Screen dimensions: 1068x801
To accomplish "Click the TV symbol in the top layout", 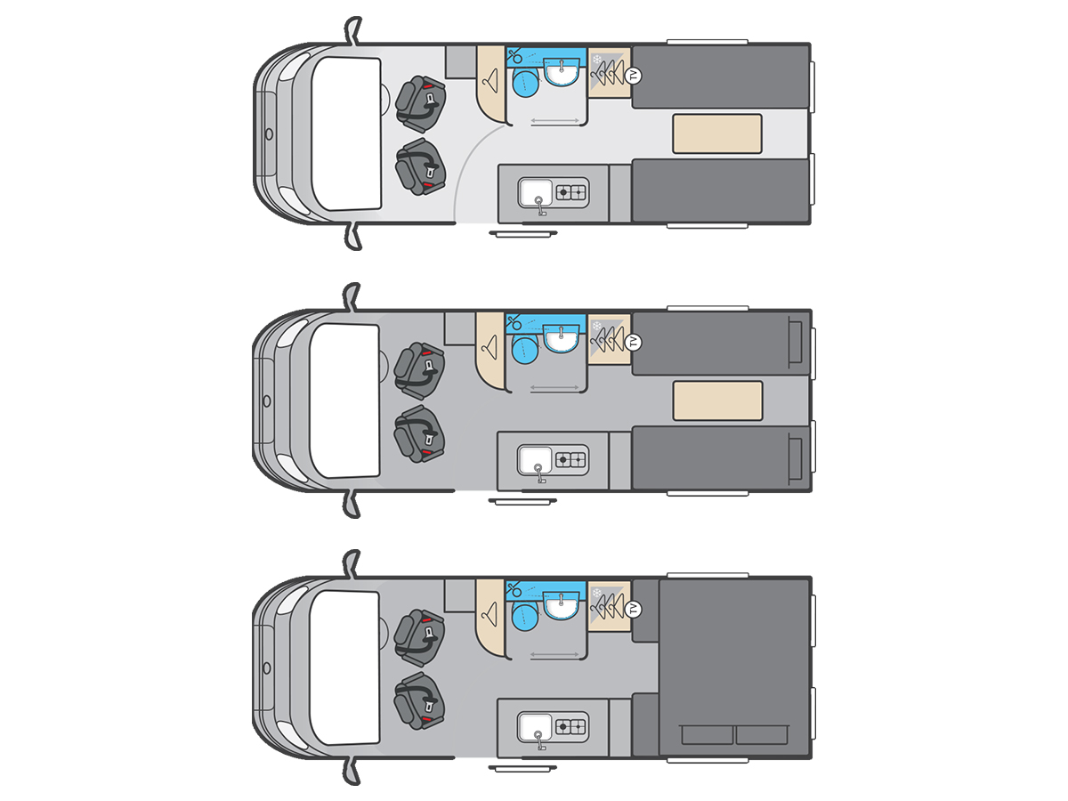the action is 633,76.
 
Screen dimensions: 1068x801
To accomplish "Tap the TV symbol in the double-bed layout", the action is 633,609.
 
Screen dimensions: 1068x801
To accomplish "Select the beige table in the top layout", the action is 717,133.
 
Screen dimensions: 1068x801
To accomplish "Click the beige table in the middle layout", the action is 717,400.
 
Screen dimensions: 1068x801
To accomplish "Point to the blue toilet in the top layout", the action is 526,83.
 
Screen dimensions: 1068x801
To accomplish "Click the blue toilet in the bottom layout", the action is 525,617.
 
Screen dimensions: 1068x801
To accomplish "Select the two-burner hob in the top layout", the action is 570,192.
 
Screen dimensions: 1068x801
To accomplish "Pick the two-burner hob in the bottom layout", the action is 570,727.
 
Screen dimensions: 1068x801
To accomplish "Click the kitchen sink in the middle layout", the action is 535,460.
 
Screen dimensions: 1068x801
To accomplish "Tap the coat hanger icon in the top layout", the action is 492,81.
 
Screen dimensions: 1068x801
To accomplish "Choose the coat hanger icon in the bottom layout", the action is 490,614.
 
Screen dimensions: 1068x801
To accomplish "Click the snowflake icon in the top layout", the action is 597,60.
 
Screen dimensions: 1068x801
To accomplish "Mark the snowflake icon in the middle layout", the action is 597,327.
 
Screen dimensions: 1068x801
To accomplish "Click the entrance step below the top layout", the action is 523,234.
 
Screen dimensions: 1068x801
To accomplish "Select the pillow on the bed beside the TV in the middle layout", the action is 795,342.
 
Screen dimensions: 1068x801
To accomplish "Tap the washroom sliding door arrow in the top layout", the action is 555,120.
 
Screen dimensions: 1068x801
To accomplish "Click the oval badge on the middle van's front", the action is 267,401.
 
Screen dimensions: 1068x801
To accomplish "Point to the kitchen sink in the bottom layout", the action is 535,727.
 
